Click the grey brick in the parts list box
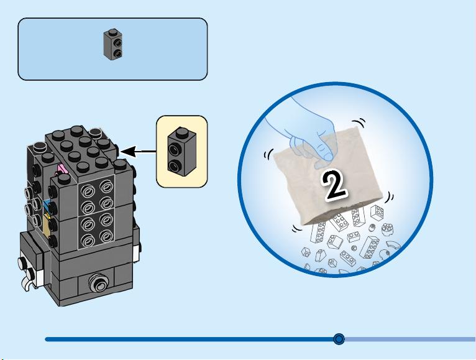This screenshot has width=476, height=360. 113,45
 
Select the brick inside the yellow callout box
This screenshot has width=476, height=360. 181,152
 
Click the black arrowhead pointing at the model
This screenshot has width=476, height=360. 128,151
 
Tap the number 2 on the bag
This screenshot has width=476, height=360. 334,185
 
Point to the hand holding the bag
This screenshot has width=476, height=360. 306,134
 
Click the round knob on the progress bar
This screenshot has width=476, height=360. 339,339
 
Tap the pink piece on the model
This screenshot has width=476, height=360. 61,170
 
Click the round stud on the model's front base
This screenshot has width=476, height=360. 98,282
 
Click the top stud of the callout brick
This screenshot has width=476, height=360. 181,131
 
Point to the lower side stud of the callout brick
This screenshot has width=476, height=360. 174,166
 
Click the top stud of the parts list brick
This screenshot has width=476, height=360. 113,31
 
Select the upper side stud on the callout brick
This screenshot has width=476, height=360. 174,149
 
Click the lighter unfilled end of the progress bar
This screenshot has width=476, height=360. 410,339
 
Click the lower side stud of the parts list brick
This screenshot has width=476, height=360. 117,53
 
